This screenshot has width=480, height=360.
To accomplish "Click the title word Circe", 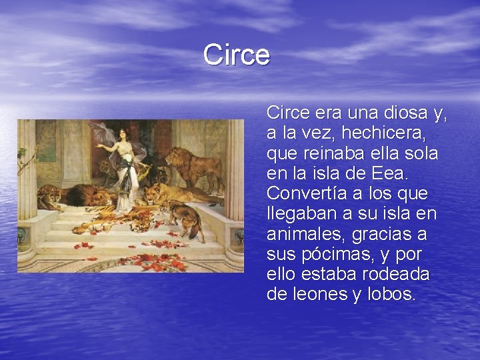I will tap(237, 55).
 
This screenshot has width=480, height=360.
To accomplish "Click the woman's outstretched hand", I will tap(97, 145).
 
